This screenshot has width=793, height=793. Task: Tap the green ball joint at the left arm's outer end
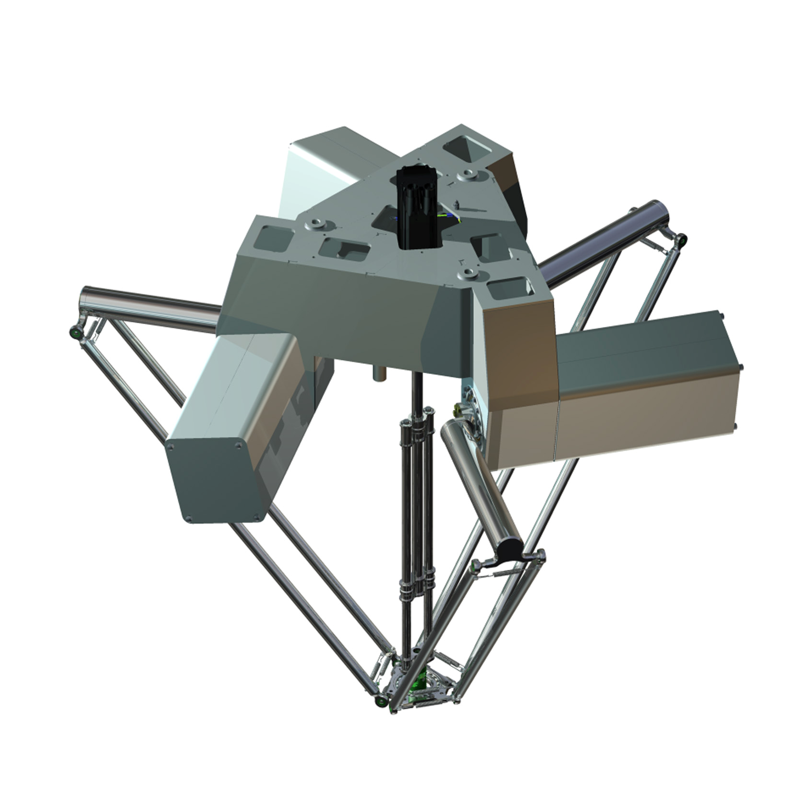72,331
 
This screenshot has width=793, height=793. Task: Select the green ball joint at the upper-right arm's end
681,239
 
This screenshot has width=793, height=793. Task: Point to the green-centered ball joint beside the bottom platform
380,700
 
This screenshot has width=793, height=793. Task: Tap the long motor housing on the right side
648,384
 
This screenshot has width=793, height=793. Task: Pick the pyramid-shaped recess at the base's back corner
462,148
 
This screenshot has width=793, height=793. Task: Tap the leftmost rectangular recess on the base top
272,239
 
